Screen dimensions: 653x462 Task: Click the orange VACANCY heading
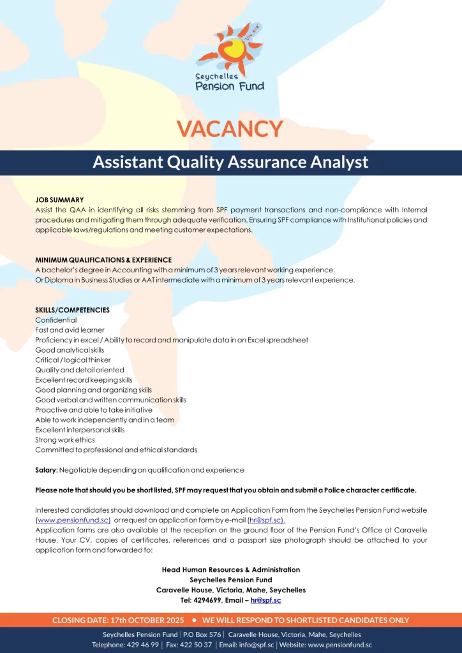[230, 128]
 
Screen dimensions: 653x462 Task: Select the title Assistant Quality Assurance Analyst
[230, 162]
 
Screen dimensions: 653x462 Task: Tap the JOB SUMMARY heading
[59, 200]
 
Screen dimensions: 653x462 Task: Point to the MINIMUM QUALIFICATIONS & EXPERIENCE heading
[103, 260]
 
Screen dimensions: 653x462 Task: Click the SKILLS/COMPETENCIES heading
[72, 310]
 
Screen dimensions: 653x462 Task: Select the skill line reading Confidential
[56, 320]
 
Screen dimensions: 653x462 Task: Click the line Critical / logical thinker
[73, 360]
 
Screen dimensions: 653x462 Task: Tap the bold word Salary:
[47, 470]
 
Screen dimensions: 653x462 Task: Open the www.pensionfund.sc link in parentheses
[74, 520]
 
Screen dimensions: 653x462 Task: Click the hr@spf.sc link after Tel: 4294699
[265, 600]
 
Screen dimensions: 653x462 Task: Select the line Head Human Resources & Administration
[231, 569]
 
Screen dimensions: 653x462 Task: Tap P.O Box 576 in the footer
[202, 635]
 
